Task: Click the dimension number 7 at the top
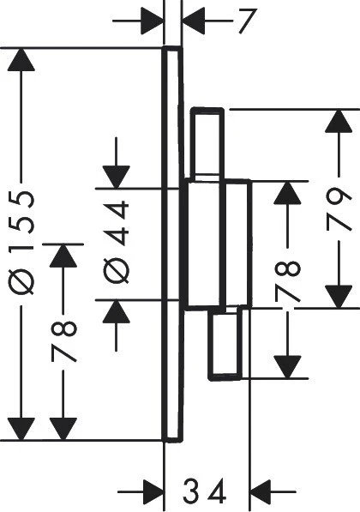click(247, 21)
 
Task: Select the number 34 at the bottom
click(204, 491)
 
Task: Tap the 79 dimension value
click(339, 209)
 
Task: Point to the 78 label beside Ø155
click(63, 341)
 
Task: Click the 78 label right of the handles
click(287, 280)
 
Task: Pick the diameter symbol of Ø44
click(117, 270)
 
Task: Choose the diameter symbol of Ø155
click(21, 281)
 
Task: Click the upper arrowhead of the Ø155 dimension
click(21, 59)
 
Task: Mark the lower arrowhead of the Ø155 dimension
click(21, 429)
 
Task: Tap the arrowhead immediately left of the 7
click(194, 21)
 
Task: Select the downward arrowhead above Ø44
click(117, 177)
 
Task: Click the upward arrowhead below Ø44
click(117, 312)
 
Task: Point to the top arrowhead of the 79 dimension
click(339, 121)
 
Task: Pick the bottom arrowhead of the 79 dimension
click(339, 297)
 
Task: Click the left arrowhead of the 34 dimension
click(153, 491)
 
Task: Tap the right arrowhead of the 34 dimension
click(261, 491)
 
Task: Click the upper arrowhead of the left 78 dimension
click(63, 256)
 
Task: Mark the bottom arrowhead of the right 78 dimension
click(287, 367)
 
